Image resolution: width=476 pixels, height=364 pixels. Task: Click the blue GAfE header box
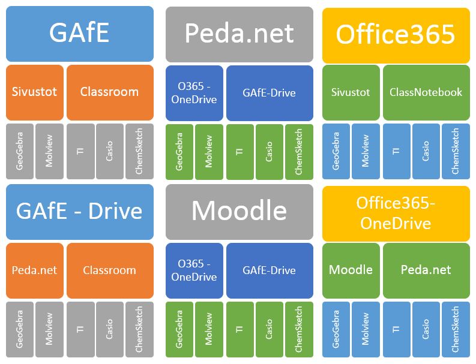tap(79, 34)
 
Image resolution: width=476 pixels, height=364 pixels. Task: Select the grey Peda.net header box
tap(239, 34)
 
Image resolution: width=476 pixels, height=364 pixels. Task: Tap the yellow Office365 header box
tap(396, 35)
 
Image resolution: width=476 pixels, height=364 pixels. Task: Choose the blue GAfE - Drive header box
tap(79, 212)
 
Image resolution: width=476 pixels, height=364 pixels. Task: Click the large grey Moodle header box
tap(239, 212)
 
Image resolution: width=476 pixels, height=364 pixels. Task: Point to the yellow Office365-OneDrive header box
tap(396, 213)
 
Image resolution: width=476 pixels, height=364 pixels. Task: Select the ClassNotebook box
tap(426, 92)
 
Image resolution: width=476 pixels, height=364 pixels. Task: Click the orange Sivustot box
tap(34, 92)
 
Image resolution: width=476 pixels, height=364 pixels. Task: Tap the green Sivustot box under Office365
tap(351, 92)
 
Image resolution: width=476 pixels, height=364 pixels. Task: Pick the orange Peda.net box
tap(34, 270)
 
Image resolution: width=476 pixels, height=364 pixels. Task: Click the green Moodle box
tap(351, 270)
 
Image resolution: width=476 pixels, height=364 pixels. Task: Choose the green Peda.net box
tap(426, 270)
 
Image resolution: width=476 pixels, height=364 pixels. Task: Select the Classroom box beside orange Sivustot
tap(109, 92)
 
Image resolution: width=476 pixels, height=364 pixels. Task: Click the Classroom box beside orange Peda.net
tap(109, 270)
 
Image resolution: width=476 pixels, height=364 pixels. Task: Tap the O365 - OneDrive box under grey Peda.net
tap(194, 93)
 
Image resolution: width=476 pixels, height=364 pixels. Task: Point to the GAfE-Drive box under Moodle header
tap(270, 270)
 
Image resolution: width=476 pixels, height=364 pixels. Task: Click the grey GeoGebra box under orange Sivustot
tap(20, 151)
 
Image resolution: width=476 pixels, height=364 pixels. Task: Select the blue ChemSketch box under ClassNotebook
tap(456, 151)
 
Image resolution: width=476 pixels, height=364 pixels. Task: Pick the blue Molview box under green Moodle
tap(366, 329)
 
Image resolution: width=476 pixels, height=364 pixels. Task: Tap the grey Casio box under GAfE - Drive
tap(109, 329)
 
